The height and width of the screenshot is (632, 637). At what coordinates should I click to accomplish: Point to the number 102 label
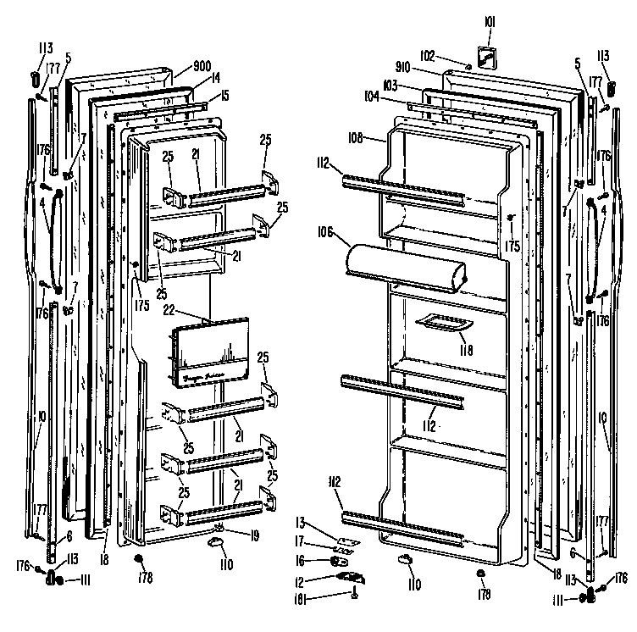(x=428, y=56)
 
